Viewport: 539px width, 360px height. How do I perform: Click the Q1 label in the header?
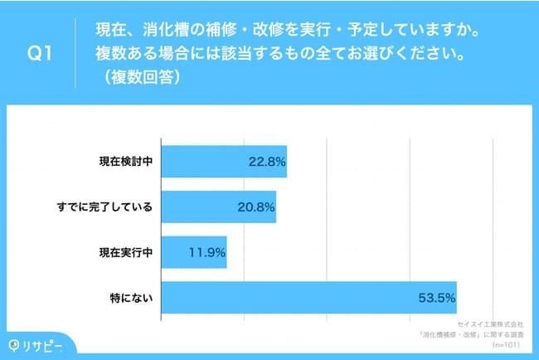41,53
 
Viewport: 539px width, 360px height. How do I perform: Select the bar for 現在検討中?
223,161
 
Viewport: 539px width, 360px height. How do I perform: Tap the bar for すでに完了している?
218,206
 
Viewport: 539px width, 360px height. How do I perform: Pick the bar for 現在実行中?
193,251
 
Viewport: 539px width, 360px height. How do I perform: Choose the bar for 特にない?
308,296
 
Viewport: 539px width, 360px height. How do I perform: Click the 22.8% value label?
265,161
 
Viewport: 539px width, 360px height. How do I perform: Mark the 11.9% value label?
205,251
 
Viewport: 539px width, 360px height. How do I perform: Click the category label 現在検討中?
124,161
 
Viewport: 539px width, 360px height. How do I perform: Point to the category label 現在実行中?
124,251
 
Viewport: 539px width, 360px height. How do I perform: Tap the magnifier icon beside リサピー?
14,343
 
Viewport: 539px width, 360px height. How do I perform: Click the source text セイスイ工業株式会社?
488,324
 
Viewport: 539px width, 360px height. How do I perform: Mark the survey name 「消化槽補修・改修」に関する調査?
473,333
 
